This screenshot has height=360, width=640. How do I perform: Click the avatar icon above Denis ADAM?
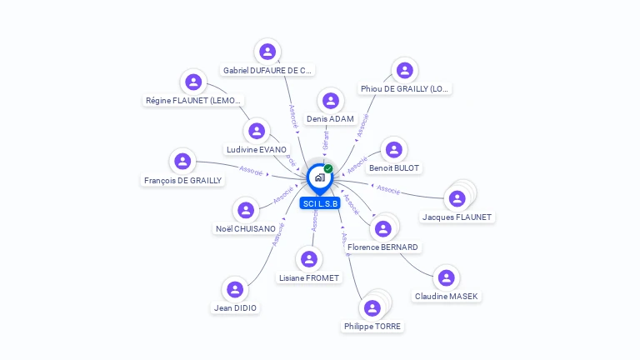click(331, 101)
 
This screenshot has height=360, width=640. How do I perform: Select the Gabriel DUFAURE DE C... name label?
click(267, 70)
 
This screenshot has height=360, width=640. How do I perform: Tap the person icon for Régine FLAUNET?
click(193, 82)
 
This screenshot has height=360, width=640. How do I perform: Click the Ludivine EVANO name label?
click(257, 149)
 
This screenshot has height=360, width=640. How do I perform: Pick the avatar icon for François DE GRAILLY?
click(182, 161)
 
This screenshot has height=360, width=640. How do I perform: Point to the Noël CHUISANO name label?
click(246, 228)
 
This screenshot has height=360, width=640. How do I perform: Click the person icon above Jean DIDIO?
click(235, 289)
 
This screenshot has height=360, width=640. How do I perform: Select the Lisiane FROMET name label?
click(310, 277)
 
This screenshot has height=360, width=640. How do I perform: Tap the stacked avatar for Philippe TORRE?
click(373, 307)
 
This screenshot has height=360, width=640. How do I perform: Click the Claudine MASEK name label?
click(447, 296)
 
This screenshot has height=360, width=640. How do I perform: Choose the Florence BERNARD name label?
click(383, 247)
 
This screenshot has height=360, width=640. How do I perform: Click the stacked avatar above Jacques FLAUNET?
click(457, 197)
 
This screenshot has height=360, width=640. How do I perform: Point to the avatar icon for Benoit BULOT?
click(394, 150)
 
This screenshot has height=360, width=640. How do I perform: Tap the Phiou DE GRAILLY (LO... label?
click(405, 88)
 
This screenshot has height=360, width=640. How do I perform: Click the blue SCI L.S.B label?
click(321, 203)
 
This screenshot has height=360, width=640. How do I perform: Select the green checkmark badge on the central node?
click(328, 169)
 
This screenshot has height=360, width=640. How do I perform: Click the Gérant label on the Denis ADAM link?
click(326, 139)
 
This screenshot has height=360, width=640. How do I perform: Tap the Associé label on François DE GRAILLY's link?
click(251, 170)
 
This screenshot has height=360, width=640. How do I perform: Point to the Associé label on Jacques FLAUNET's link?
click(388, 189)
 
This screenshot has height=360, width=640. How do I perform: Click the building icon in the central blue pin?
click(320, 177)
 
